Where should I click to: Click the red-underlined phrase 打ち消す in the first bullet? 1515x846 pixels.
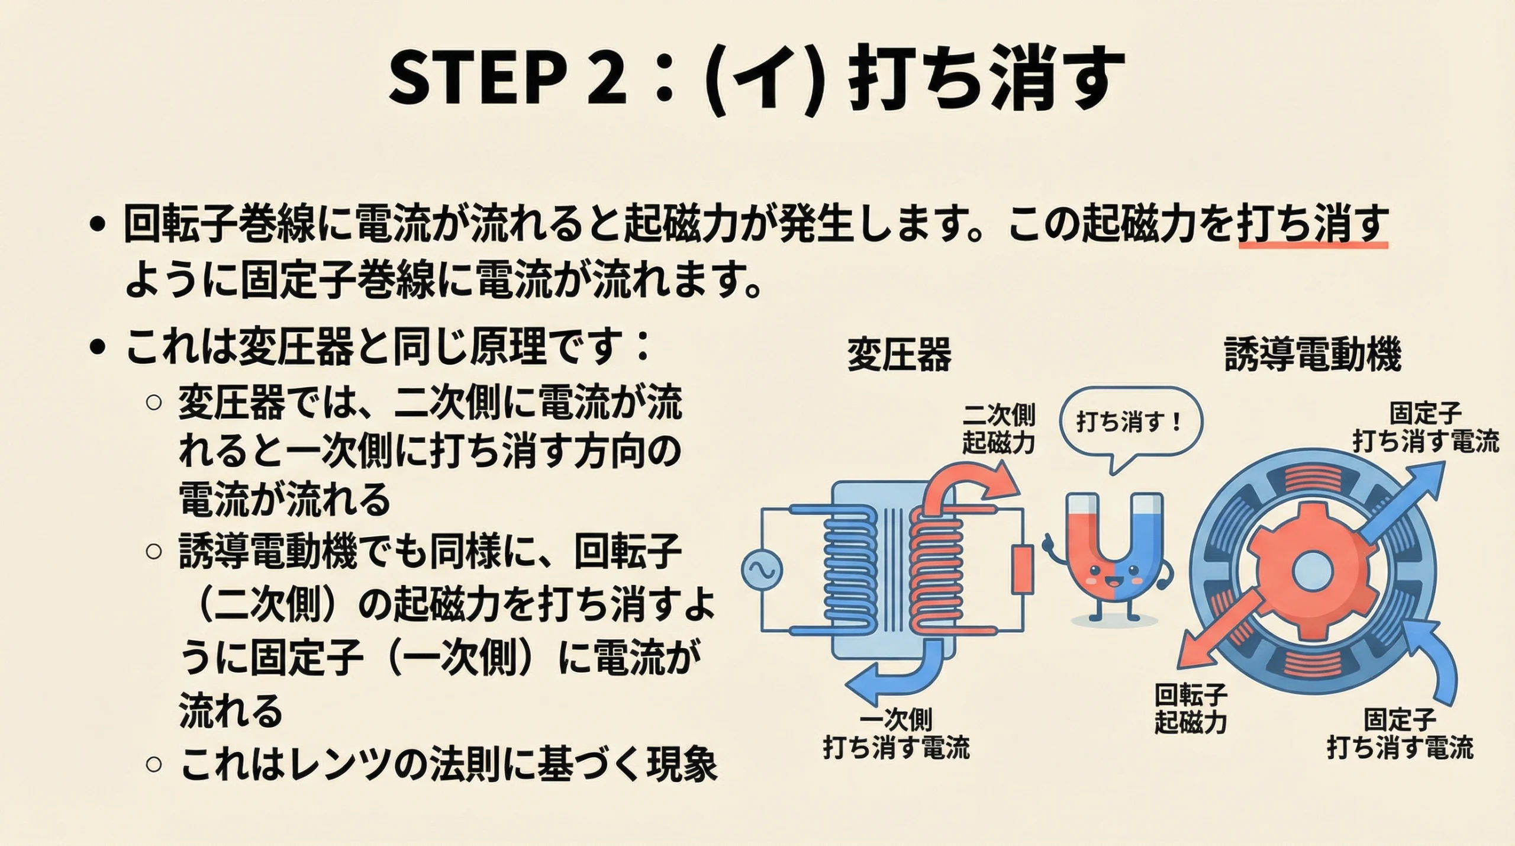point(1313,224)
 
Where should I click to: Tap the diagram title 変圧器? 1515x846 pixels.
point(899,355)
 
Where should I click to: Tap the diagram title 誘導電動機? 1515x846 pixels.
point(1312,355)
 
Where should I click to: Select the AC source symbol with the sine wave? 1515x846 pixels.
point(762,570)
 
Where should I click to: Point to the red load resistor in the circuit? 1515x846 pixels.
point(1022,570)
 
